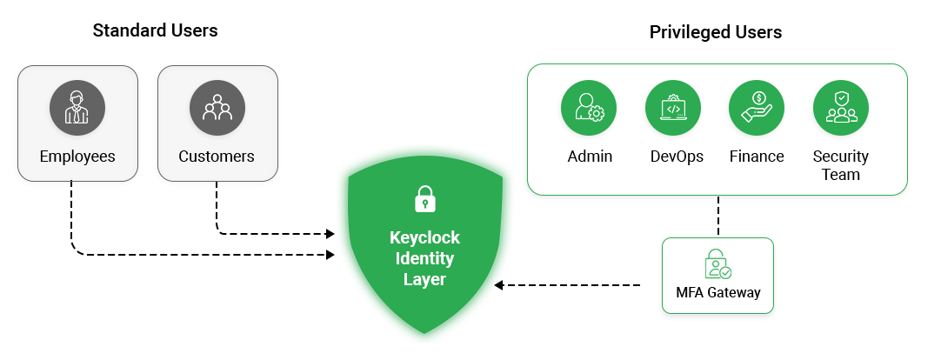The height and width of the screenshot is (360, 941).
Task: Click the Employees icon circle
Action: click(77, 108)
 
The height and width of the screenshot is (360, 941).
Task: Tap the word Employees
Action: click(77, 157)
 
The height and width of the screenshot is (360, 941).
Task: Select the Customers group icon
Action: click(217, 108)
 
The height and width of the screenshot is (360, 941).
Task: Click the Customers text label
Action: click(217, 157)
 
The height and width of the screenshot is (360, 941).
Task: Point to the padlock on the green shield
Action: click(424, 198)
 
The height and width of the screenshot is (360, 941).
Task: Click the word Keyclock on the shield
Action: click(424, 237)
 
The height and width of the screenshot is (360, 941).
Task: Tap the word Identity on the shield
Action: click(424, 258)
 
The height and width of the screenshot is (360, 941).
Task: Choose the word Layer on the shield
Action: click(424, 279)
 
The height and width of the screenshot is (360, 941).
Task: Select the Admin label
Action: click(590, 157)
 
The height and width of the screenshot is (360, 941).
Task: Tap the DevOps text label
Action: click(677, 157)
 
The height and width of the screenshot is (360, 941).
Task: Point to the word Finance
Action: click(757, 157)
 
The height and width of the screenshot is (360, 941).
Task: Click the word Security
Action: click(840, 157)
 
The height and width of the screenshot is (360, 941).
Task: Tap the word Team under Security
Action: click(840, 174)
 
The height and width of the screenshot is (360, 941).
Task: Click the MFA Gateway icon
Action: click(718, 264)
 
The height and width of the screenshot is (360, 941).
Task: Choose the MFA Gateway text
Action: click(718, 293)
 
